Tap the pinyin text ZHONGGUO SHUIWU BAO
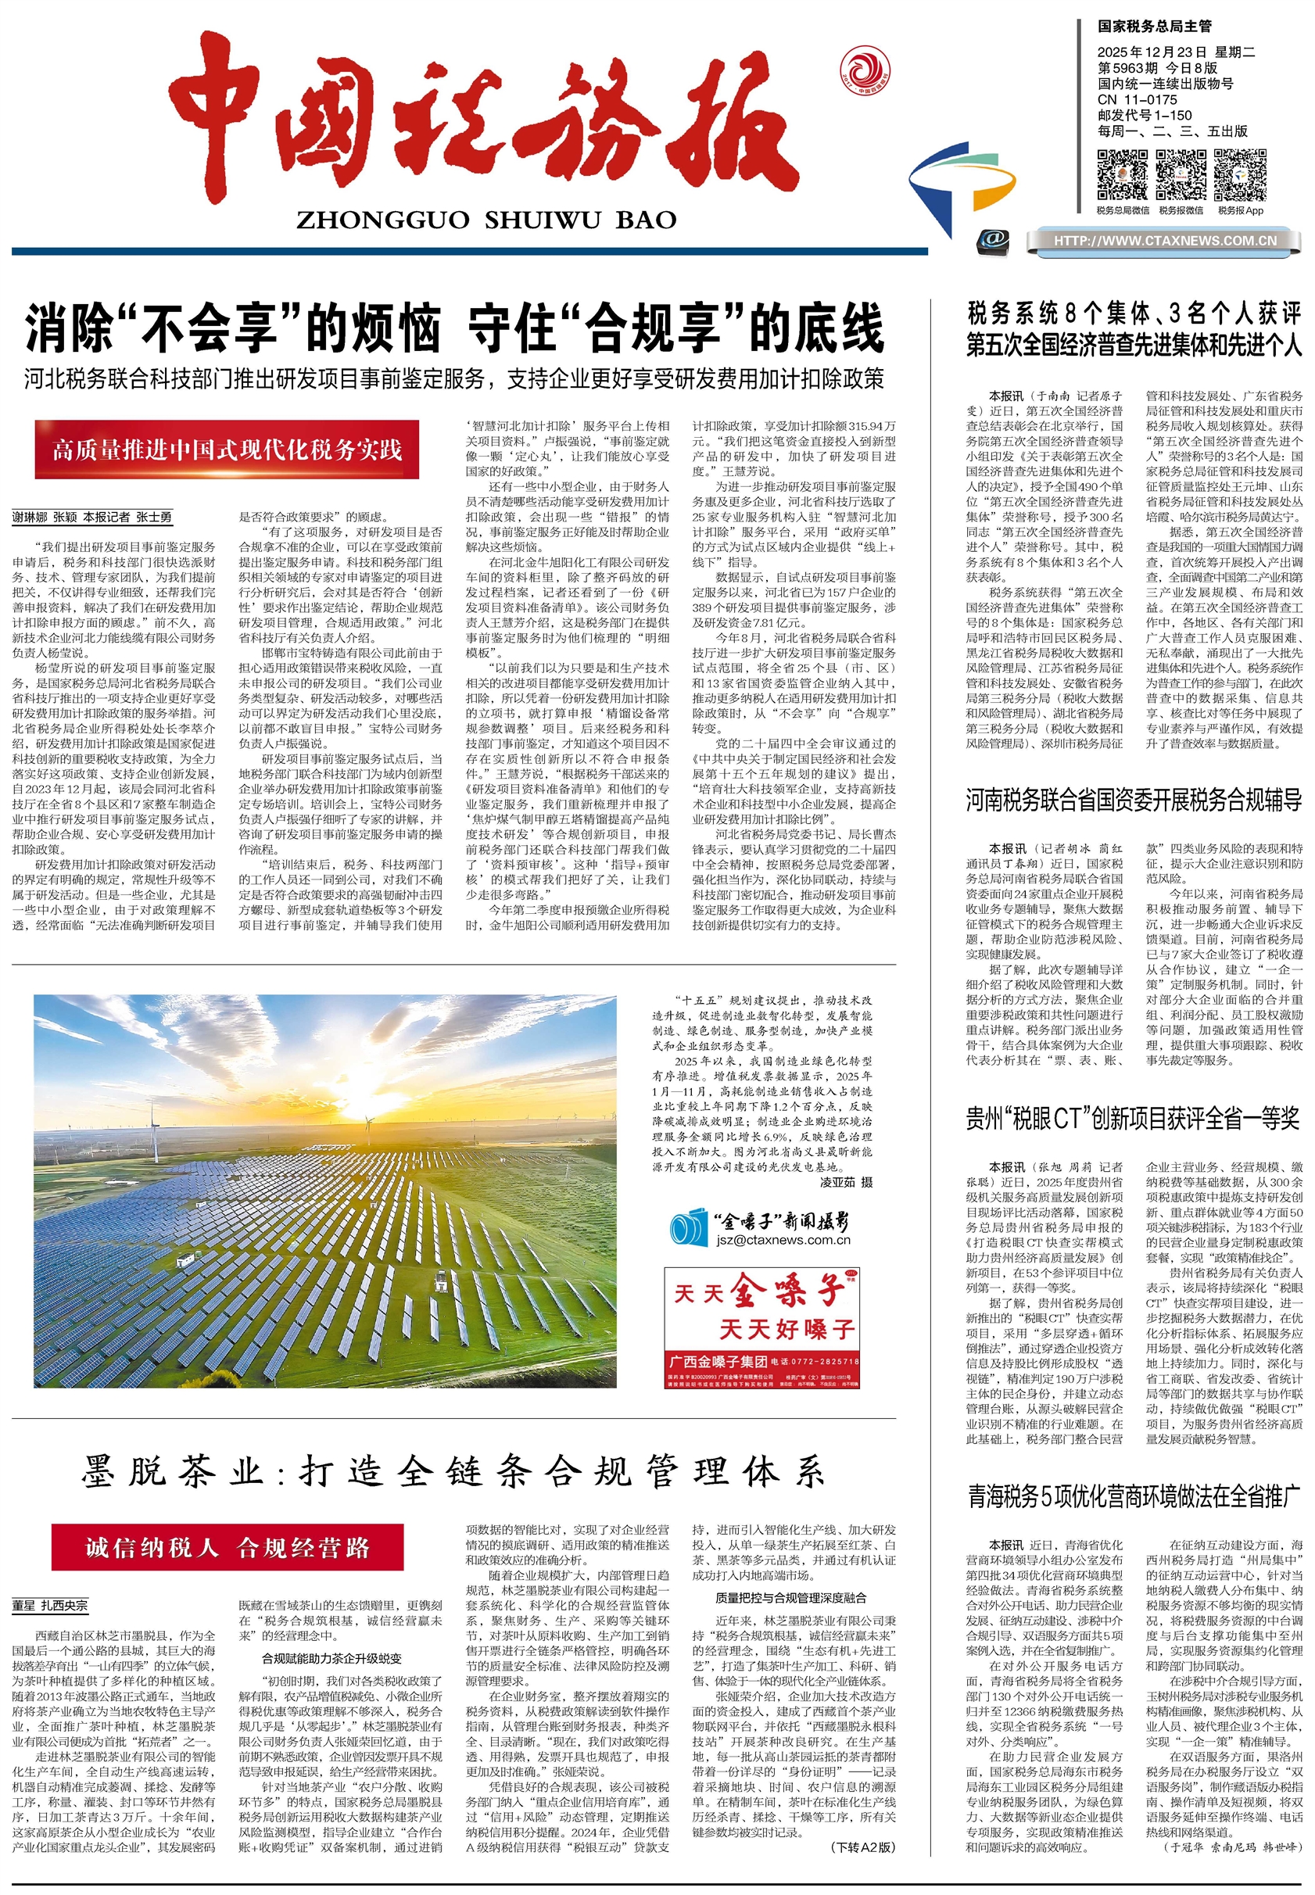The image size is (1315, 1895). [x=486, y=220]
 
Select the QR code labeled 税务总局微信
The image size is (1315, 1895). [x=1121, y=174]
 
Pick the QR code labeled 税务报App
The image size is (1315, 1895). [x=1240, y=174]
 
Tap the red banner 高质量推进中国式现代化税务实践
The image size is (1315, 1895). [x=227, y=450]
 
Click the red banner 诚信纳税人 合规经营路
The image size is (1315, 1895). [x=228, y=1547]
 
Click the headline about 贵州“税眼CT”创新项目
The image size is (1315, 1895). [x=1134, y=1119]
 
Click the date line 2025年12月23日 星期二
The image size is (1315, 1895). [x=1175, y=52]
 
